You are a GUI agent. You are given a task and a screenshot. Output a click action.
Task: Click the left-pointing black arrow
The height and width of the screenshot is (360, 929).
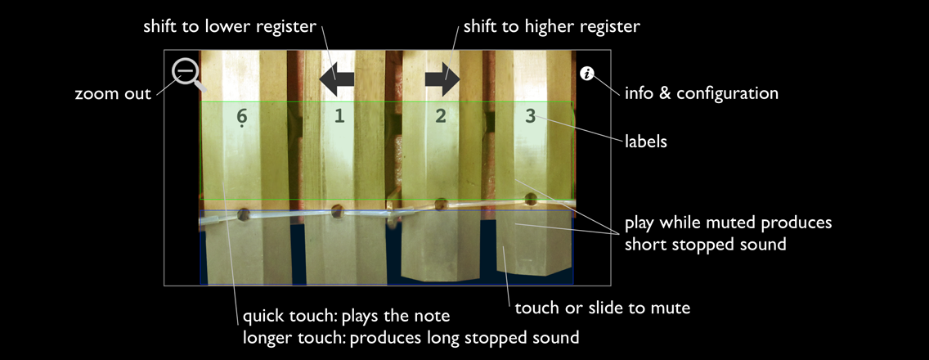(x=336, y=79)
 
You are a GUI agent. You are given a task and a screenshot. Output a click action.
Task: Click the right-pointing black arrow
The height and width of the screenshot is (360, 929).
(x=442, y=79)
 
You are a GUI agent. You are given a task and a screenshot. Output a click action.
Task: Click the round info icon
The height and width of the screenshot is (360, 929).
(x=586, y=74)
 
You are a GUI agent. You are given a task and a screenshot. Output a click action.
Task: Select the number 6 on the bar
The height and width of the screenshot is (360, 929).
(x=242, y=117)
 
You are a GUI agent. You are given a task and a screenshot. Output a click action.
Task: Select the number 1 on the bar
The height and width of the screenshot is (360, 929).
(x=339, y=116)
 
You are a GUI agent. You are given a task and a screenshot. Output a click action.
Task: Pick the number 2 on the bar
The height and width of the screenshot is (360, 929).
(x=441, y=116)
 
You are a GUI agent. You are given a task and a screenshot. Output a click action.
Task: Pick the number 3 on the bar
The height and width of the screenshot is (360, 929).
(x=530, y=116)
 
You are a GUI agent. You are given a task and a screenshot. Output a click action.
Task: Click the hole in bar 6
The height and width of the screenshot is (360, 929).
(x=243, y=214)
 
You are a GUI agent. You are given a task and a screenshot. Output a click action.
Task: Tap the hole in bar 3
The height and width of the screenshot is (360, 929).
(x=531, y=198)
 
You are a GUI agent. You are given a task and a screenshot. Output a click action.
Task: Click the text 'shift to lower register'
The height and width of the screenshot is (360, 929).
(x=229, y=27)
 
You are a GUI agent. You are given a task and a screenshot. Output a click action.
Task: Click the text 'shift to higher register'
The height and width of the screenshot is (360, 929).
(x=551, y=27)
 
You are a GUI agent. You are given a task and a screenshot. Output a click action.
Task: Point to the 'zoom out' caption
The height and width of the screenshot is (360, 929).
(x=113, y=94)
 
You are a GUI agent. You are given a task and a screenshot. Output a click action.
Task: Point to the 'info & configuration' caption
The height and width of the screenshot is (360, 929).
(x=701, y=93)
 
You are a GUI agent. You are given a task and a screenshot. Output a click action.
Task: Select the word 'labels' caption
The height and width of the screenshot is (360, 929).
(x=646, y=142)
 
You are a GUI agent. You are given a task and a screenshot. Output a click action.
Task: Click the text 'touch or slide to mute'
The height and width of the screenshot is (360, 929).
(x=602, y=308)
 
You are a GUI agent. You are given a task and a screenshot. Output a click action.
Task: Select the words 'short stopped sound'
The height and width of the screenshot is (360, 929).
(x=705, y=244)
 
